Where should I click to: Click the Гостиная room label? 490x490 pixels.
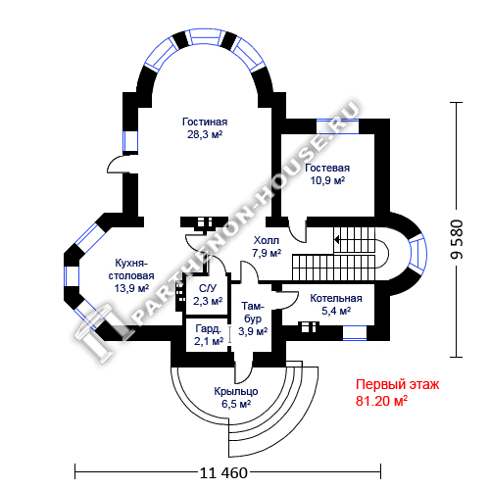[x=205, y=122]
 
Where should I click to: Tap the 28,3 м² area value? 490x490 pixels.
[x=205, y=134]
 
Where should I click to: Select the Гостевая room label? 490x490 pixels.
[x=327, y=168]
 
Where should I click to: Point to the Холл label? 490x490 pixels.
[x=267, y=240]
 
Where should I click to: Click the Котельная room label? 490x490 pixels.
[x=336, y=298]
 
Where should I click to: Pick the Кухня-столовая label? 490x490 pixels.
[x=131, y=269]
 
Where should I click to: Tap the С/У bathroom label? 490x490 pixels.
[x=208, y=288]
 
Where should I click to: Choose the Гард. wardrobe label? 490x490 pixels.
[x=209, y=328]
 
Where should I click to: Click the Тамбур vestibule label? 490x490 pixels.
[x=253, y=313]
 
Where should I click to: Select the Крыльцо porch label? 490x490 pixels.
[x=236, y=391]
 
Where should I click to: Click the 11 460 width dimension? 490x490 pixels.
[x=223, y=472]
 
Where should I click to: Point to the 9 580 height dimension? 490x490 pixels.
[x=457, y=240]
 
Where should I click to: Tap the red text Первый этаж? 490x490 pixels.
[x=397, y=384]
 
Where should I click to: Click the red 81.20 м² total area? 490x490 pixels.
[x=381, y=401]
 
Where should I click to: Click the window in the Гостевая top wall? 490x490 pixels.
[x=337, y=126]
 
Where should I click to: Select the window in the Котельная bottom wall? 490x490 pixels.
[x=355, y=333]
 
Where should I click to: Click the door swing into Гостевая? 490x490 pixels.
[x=298, y=230]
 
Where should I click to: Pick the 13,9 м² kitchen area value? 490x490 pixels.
[x=131, y=288]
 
